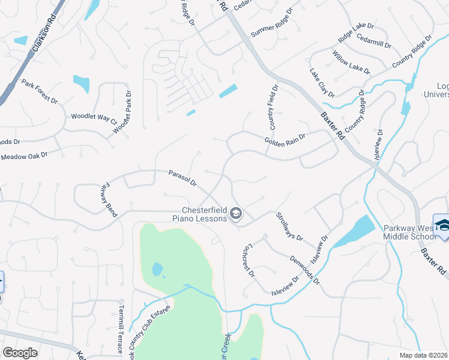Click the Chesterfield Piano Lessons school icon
237,214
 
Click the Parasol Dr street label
182,178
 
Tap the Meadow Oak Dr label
24,156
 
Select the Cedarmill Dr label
373,41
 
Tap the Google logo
20,353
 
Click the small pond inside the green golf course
158,269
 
